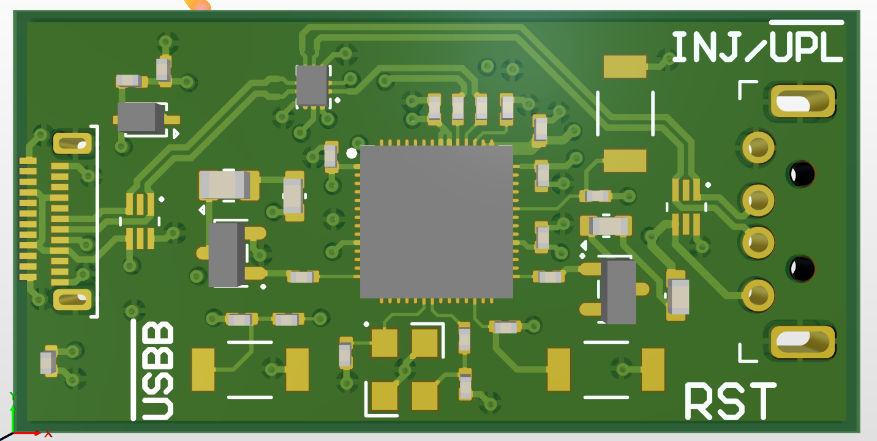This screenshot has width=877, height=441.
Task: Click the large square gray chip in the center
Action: point(436,221)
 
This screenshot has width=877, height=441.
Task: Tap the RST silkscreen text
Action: point(731,401)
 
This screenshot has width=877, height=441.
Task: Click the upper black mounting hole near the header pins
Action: point(802,174)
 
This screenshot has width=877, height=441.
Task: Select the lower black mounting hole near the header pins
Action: point(802,269)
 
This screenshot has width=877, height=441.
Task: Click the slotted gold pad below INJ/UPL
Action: point(803,102)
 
